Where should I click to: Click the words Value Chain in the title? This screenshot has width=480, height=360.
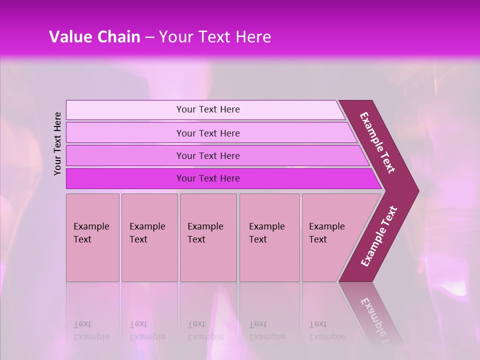[94, 37]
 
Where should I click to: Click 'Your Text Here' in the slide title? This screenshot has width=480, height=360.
[215, 37]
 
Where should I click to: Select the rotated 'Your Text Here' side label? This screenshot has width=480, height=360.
[58, 143]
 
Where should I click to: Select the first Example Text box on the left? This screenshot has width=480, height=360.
[92, 237]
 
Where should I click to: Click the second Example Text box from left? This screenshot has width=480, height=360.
[149, 237]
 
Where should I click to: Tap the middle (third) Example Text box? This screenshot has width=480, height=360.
[208, 237]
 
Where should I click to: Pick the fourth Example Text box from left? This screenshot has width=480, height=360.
[269, 237]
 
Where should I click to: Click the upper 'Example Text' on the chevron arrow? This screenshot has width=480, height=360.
[377, 142]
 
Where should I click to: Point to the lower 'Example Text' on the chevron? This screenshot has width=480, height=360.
[379, 236]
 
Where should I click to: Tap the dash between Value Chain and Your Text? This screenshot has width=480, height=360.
[149, 37]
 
